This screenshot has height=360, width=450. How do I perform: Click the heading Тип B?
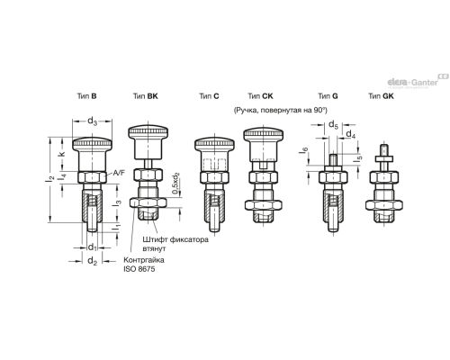(86, 96)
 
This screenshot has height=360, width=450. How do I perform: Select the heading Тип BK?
(146, 96)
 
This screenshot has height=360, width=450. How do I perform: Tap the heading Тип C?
(209, 96)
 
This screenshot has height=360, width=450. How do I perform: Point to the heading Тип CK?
(260, 96)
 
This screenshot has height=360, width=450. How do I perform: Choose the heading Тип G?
(328, 96)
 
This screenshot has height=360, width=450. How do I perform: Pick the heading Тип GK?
(381, 96)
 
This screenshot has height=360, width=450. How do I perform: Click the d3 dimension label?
(92, 121)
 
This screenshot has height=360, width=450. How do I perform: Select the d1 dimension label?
(92, 247)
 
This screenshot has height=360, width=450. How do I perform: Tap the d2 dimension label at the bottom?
(92, 261)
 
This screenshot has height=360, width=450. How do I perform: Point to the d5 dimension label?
(333, 124)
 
